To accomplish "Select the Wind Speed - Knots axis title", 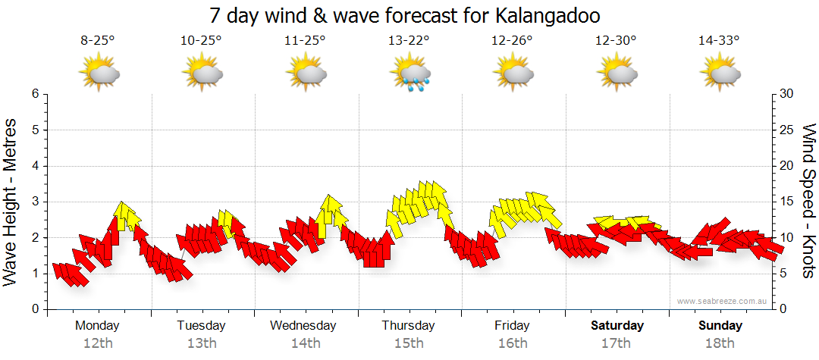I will pyautogui.click(x=808, y=201).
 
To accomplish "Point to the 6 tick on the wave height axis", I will pyautogui.click(x=34, y=94).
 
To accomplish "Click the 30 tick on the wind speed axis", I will pyautogui.click(x=787, y=94).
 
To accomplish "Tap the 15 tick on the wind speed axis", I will pyautogui.click(x=787, y=202).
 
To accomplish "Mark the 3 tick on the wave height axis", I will pyautogui.click(x=34, y=202).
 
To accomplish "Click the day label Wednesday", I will pyautogui.click(x=303, y=326).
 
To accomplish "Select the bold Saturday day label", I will pyautogui.click(x=617, y=326).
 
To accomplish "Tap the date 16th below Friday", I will pyautogui.click(x=513, y=343).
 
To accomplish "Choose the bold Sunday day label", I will pyautogui.click(x=720, y=326).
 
